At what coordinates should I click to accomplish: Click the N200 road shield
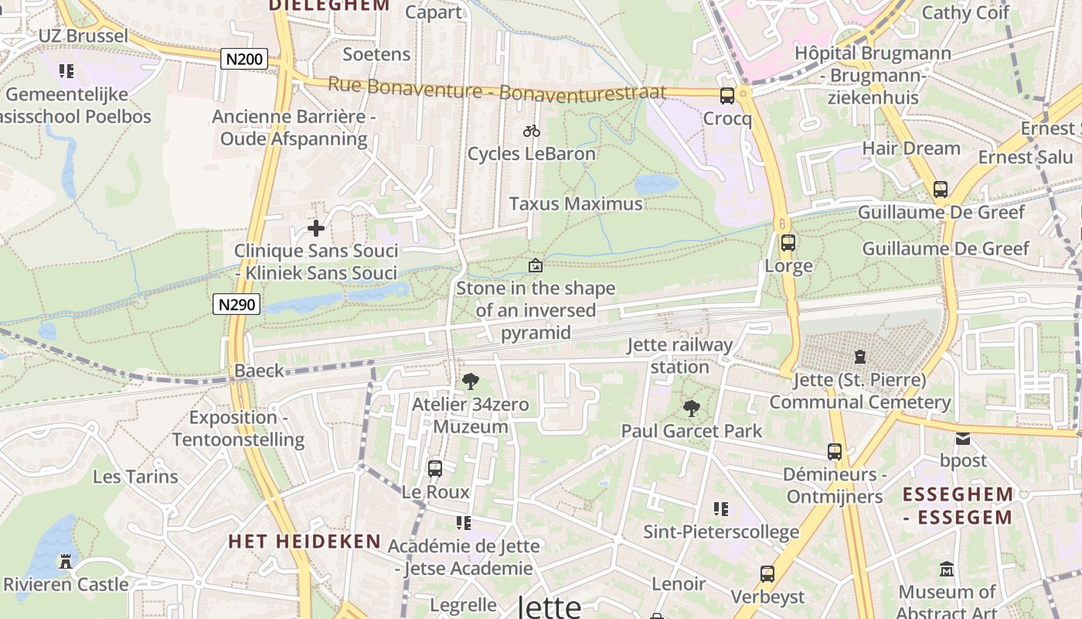coord(244,59)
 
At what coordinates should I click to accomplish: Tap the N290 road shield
coord(236,304)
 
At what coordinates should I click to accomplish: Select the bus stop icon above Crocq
coord(727,96)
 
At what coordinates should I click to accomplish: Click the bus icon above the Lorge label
coord(788,243)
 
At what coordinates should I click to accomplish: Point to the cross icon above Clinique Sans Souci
coord(315,228)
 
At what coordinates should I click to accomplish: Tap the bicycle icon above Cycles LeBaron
coord(532,131)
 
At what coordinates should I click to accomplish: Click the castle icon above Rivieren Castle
coord(66,561)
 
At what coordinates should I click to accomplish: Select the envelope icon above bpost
coord(963,439)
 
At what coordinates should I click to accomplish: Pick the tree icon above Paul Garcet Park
coord(692,408)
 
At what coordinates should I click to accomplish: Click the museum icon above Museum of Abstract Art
coord(947,570)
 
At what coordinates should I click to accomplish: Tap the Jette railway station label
coord(680,355)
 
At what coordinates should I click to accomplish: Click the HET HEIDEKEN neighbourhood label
coord(305,541)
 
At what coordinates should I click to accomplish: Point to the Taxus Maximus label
coord(576,203)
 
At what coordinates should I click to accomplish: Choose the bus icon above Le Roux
coord(435,468)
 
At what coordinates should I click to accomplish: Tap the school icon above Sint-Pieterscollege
coord(721,509)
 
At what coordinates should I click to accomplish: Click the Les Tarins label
coord(135,476)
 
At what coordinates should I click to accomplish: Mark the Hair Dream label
coord(910,149)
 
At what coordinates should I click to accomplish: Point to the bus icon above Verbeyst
coord(767,574)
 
